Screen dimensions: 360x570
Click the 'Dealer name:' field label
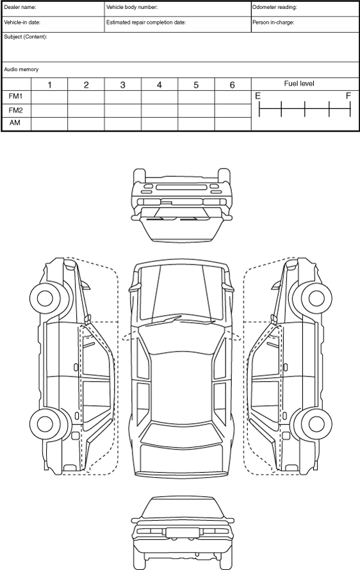20,7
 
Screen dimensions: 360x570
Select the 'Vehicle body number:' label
132,7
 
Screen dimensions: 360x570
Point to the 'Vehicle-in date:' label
22,22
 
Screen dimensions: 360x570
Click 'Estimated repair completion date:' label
146,22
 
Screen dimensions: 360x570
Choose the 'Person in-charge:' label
274,22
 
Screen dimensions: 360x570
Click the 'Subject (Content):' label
26,37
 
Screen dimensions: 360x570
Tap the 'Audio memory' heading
21,69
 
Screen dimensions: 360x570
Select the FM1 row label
15,96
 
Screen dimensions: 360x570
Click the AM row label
15,122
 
